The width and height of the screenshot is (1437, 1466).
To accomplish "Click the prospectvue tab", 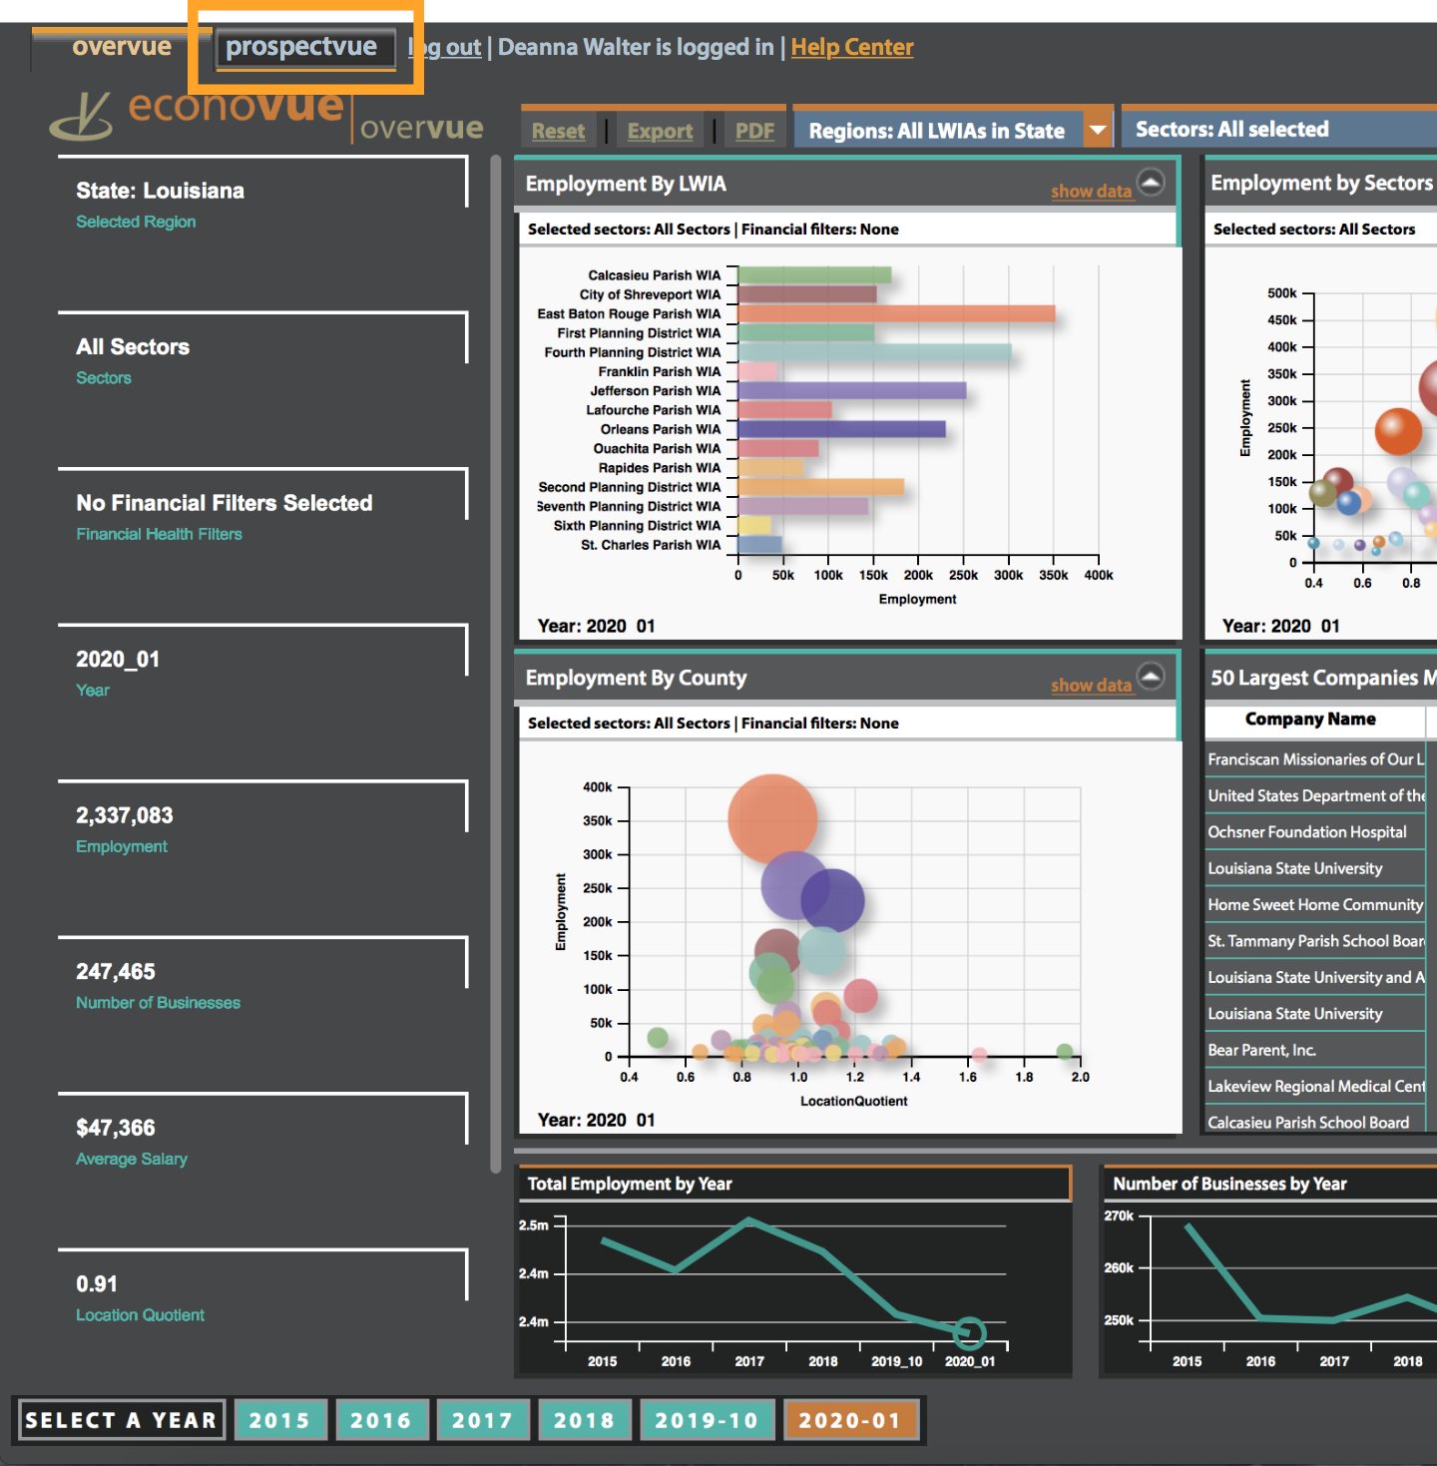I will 301,48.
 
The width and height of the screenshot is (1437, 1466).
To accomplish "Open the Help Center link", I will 851,48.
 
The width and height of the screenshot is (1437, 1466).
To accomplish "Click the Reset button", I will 558,132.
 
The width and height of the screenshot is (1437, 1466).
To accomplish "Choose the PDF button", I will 754,132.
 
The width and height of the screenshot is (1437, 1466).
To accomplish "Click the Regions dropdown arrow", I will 1098,130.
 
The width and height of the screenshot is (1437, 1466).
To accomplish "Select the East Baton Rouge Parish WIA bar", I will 896,314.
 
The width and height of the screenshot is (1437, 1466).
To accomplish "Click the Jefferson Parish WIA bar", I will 851,391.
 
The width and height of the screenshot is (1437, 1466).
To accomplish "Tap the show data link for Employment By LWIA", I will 1091,192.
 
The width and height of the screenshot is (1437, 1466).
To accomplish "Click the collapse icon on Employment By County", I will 1151,678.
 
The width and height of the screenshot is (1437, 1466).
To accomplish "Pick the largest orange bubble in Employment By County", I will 772,818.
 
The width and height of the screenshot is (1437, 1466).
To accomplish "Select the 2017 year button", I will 482,1420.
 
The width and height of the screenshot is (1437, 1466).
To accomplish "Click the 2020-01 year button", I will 850,1420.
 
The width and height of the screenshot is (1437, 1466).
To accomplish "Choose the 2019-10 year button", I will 707,1420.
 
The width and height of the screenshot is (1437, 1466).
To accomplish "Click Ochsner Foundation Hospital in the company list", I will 1307,832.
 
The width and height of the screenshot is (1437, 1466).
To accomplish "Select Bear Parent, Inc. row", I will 1261,1050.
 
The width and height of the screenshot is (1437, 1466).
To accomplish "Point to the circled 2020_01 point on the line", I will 969,1332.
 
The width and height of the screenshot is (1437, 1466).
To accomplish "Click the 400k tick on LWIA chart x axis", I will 1098,575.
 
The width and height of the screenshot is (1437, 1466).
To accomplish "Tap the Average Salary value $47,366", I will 116,1128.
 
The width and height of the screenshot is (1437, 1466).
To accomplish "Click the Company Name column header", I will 1310,720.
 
